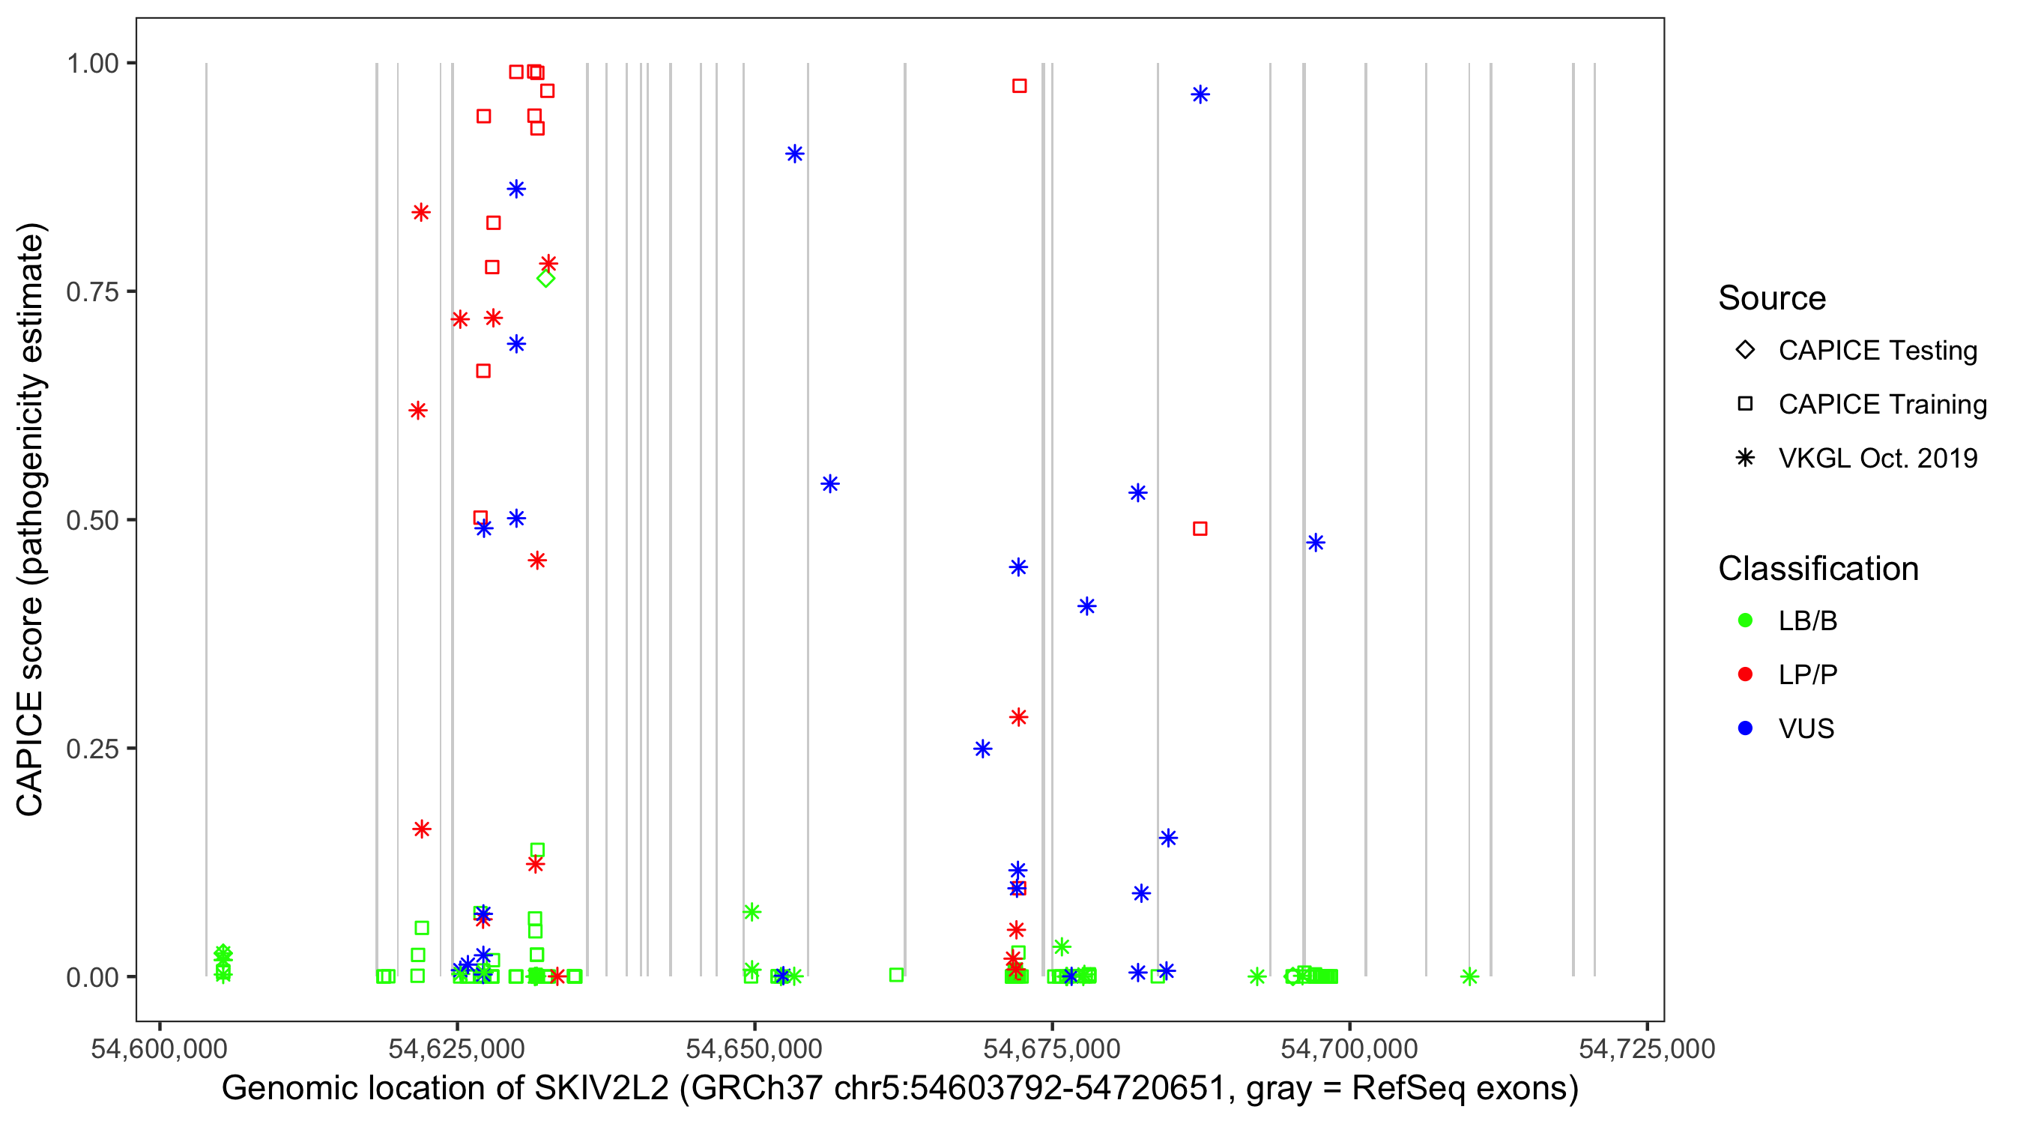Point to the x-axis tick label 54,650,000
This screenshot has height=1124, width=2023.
(754, 1048)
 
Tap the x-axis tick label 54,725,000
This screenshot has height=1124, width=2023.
(1647, 1048)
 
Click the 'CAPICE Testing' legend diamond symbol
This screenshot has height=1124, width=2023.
(1745, 349)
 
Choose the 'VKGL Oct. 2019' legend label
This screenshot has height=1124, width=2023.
(1878, 458)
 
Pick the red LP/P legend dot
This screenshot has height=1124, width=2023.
(1745, 674)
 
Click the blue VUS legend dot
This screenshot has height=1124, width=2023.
(1745, 728)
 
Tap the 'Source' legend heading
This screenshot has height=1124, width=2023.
(1772, 297)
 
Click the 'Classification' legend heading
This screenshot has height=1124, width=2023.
(1818, 568)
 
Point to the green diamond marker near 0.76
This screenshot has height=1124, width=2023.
(545, 278)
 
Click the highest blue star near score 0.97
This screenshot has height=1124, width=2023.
(1200, 94)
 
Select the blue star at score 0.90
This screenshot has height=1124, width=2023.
(795, 153)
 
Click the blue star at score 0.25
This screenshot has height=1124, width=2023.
(982, 749)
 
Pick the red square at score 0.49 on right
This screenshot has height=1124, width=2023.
(1200, 528)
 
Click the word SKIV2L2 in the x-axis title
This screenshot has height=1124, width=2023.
(601, 1089)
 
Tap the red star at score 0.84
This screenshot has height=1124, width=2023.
(421, 212)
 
